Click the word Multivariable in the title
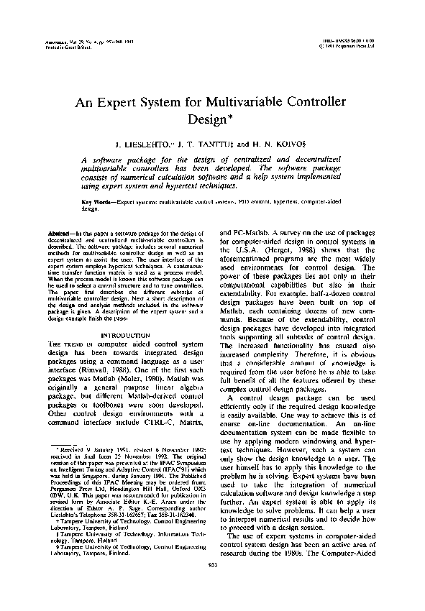249,102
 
